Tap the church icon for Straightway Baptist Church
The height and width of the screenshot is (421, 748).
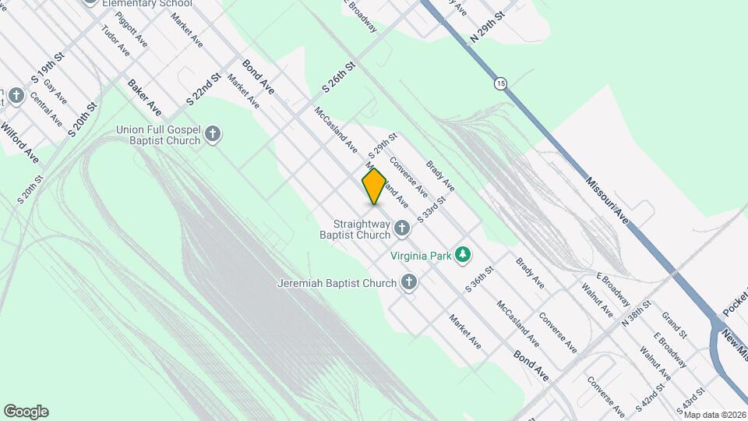(x=402, y=228)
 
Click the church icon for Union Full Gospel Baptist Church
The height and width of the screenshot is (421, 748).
(x=213, y=135)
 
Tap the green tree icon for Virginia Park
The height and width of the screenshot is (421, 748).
(x=464, y=254)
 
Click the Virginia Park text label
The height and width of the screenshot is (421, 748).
(x=422, y=254)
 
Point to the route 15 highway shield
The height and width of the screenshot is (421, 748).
(x=499, y=82)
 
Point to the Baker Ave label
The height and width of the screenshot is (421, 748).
(x=145, y=97)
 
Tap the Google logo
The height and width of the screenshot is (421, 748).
(x=26, y=412)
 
